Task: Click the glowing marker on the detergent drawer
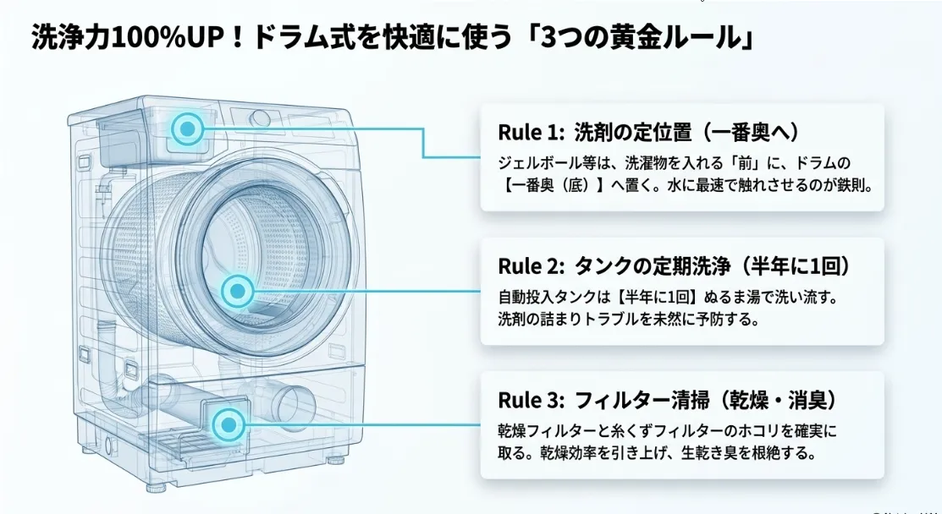tap(188, 128)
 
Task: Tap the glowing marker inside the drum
tap(238, 291)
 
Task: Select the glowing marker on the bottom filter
tap(229, 424)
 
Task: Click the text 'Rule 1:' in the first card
tap(531, 133)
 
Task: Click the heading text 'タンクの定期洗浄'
tap(653, 265)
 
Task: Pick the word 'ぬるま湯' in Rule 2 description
tap(739, 297)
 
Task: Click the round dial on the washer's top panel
tap(260, 118)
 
